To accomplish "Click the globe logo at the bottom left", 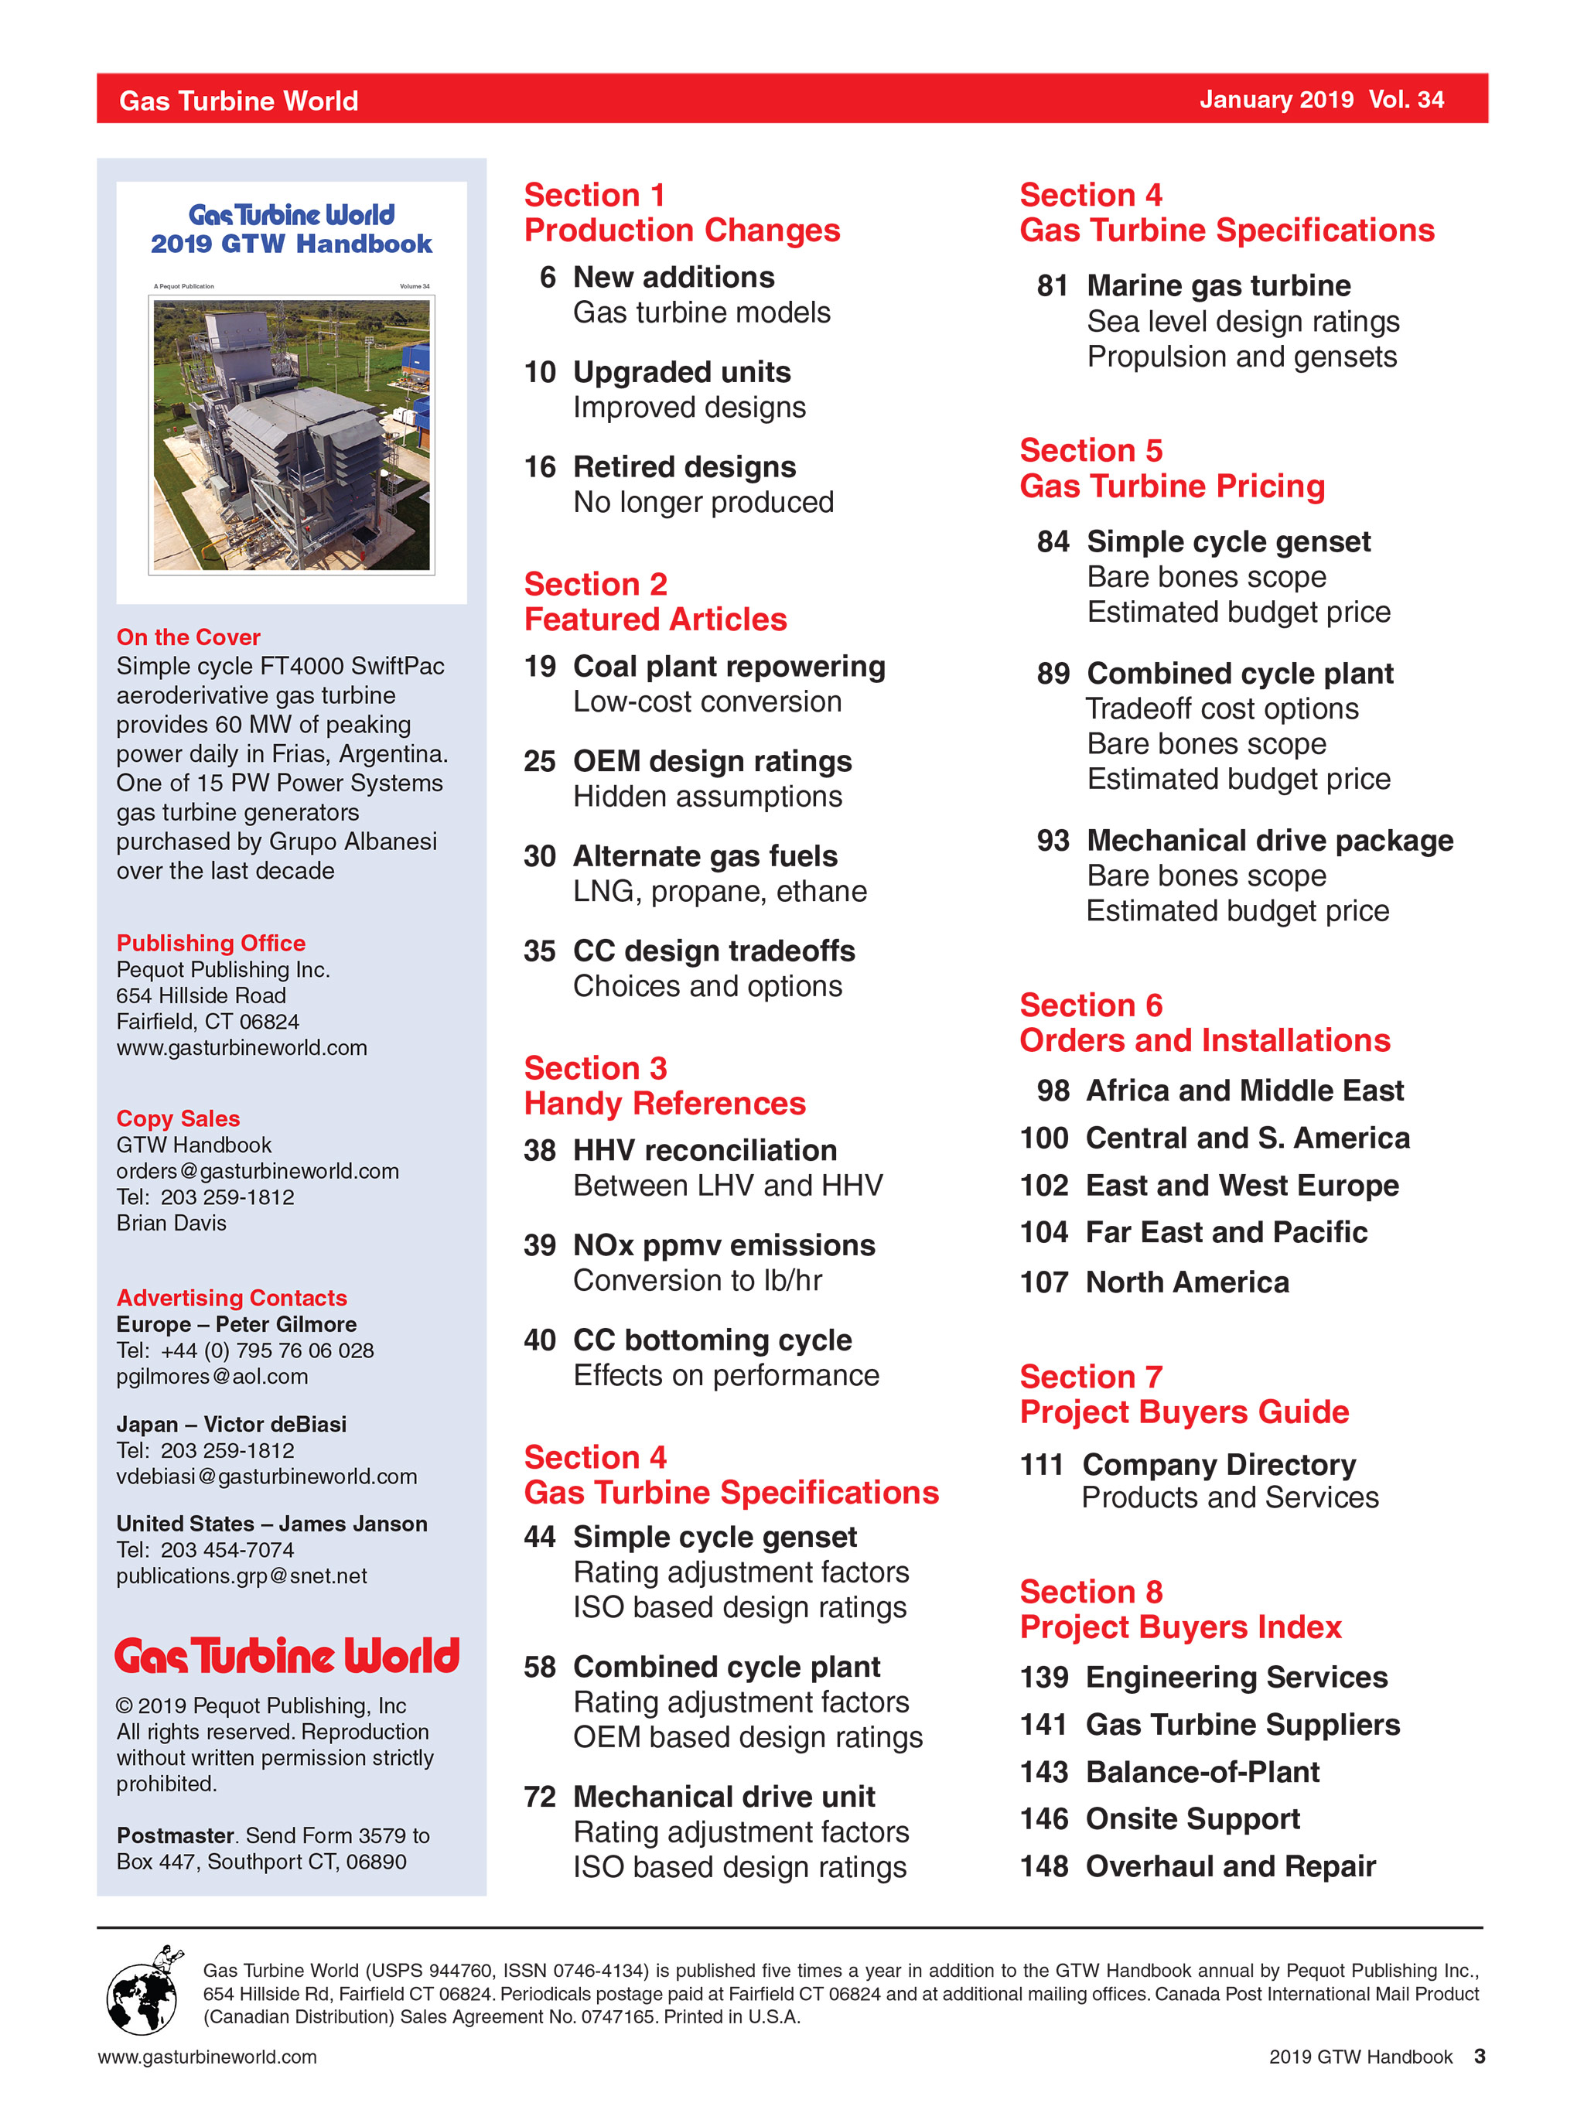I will tap(142, 1991).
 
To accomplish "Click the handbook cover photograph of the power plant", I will tap(292, 434).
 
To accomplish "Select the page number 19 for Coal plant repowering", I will tap(540, 666).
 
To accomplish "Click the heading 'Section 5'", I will tap(1091, 450).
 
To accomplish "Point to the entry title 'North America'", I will tap(1186, 1282).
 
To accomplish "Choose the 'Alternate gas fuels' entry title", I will tap(705, 856).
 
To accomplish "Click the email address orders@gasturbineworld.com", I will tap(257, 1170).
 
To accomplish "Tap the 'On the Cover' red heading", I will tap(188, 637).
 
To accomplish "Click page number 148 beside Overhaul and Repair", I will tap(1043, 1866).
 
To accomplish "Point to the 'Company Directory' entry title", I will tap(1218, 1464).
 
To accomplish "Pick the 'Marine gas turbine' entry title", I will tap(1218, 285).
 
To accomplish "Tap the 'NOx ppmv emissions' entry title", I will tap(723, 1245).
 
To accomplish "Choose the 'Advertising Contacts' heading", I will tap(232, 1298).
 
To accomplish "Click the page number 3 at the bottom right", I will tap(1479, 2057).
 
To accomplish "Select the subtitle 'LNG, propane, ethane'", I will tap(719, 891).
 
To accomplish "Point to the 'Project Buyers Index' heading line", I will tap(1179, 1627).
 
